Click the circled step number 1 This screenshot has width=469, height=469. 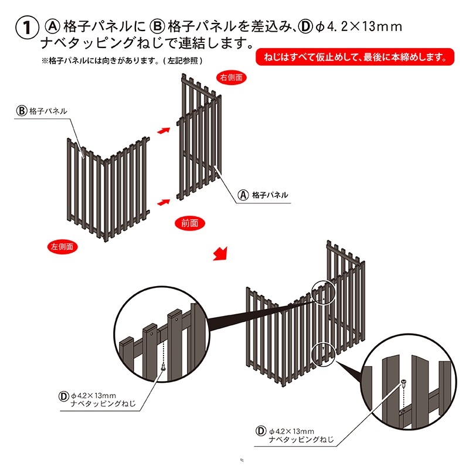click(27, 28)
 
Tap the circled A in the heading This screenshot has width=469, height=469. click(53, 26)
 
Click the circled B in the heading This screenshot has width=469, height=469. click(157, 26)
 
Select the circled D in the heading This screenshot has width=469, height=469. click(305, 26)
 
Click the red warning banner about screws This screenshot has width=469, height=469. click(355, 57)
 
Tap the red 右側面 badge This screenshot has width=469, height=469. click(231, 77)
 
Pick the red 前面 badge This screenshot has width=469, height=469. click(189, 223)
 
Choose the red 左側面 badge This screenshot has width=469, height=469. click(62, 247)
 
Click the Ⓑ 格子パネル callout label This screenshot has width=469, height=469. click(42, 111)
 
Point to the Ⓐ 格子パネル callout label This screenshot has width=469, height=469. click(263, 195)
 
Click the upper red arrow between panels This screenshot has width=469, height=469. click(164, 131)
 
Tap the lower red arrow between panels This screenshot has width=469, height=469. click(164, 202)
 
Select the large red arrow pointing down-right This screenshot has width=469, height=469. click(220, 254)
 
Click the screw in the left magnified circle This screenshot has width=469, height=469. click(164, 366)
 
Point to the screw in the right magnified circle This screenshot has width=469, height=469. click(404, 383)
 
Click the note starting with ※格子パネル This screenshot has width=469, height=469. click(122, 61)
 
